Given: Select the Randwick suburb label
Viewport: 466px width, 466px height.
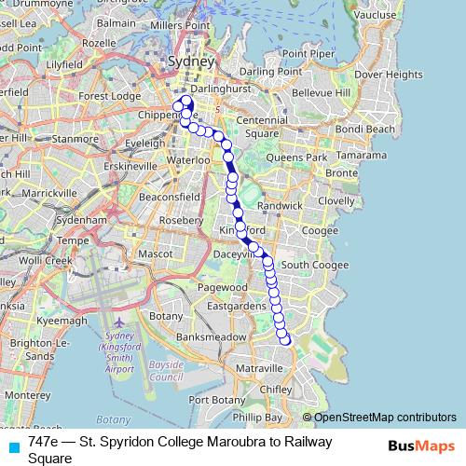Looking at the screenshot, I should (x=280, y=205).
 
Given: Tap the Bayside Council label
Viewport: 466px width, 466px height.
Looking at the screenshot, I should (x=166, y=371).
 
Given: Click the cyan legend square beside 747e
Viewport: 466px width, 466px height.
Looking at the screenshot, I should (x=14, y=446).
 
